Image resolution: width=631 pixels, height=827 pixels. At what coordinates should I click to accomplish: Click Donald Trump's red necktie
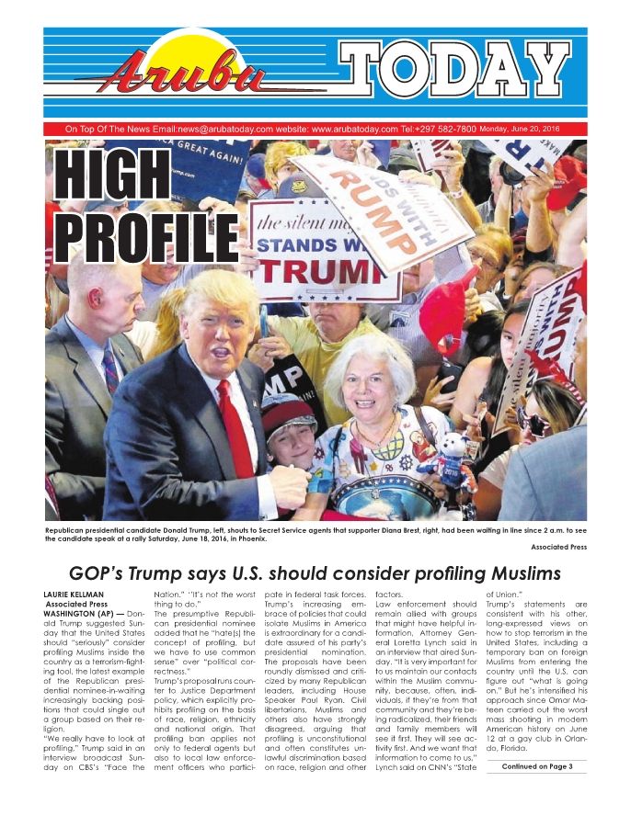point(234,426)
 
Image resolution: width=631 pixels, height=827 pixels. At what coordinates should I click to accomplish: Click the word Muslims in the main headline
point(519,573)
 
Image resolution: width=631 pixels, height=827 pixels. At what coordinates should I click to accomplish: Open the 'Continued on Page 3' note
point(537,766)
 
